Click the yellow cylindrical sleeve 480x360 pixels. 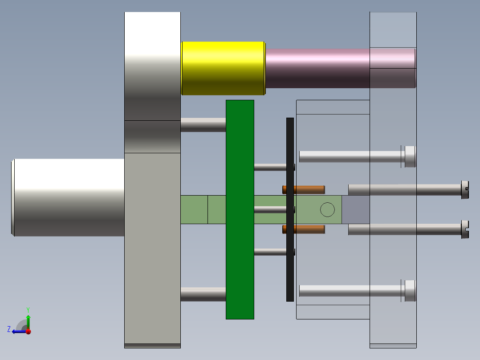click(x=223, y=68)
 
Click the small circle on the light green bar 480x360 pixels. click(x=327, y=209)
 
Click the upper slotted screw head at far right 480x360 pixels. click(x=465, y=190)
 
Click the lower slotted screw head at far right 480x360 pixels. click(x=465, y=229)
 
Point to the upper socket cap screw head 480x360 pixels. click(x=410, y=156)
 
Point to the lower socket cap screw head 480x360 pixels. click(x=410, y=291)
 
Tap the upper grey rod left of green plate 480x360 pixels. click(x=203, y=125)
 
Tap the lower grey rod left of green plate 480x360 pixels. click(x=203, y=294)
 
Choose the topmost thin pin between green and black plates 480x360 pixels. click(x=270, y=167)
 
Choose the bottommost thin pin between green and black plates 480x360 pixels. click(x=270, y=252)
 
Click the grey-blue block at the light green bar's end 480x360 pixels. click(x=356, y=209)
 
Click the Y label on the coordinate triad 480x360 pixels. click(x=28, y=309)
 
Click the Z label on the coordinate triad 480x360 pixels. click(x=9, y=329)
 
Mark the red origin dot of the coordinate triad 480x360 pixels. click(x=28, y=331)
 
